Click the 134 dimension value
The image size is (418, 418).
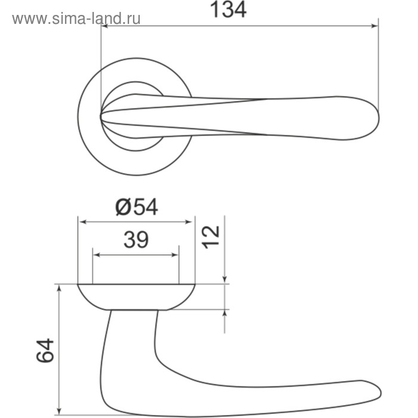pos(229,10)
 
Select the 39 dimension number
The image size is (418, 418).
pos(136,240)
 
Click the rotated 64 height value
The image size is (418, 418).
pos(45,351)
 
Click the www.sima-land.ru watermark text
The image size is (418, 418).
pos(76,19)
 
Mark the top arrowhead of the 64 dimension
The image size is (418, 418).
pos(59,289)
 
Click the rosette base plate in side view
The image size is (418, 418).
pos(137,297)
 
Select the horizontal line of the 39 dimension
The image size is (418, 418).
pos(136,255)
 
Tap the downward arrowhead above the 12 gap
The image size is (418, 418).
pos(225,279)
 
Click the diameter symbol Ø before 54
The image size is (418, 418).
pos(122,207)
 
